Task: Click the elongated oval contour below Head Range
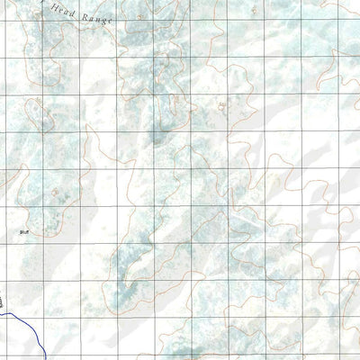point(38,116)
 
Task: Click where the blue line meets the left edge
point(1,311)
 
